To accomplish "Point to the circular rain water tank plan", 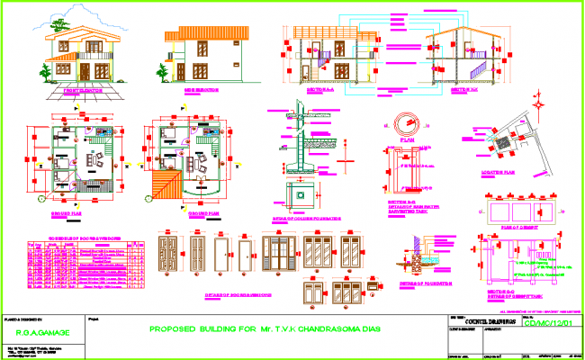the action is pyautogui.click(x=404, y=126).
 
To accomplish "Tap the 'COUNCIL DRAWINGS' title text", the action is pyautogui.click(x=488, y=320).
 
